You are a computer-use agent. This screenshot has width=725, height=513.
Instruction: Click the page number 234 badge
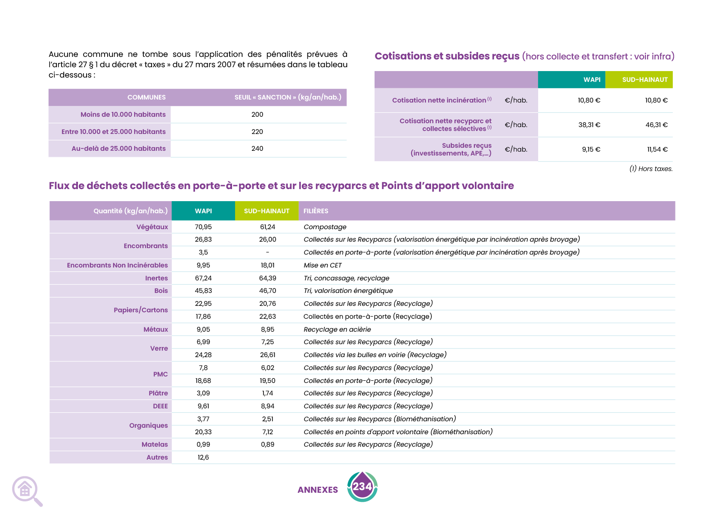362,487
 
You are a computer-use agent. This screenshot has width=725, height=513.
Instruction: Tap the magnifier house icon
26,490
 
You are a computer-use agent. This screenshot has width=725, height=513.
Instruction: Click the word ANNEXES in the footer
318,490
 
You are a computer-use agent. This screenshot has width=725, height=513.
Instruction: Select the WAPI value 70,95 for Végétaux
203,227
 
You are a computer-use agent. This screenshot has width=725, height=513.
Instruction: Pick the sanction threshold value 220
257,132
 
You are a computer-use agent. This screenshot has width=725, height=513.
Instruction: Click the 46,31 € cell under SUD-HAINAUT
656,125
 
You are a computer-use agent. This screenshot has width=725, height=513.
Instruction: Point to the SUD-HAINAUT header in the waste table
266,211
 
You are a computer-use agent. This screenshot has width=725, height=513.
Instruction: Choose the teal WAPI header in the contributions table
592,80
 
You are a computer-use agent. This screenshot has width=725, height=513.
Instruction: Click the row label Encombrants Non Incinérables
117,265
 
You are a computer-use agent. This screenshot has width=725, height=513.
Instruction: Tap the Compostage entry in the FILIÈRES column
325,227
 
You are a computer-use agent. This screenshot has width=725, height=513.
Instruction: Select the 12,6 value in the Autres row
203,457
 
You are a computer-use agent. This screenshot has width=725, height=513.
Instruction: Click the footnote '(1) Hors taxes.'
651,169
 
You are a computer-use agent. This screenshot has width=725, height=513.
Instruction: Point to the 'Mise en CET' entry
322,265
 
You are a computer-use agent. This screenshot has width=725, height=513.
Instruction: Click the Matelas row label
155,445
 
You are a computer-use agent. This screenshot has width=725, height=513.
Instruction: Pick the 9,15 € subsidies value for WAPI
591,149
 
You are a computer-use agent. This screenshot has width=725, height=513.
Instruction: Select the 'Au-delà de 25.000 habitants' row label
118,149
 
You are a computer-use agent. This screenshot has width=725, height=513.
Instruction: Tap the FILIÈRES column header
316,211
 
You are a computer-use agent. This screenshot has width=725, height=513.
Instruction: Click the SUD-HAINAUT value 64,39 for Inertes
267,278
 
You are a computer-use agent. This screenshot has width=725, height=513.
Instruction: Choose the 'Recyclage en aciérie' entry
337,330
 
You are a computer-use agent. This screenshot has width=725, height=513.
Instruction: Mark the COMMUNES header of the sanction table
146,97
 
